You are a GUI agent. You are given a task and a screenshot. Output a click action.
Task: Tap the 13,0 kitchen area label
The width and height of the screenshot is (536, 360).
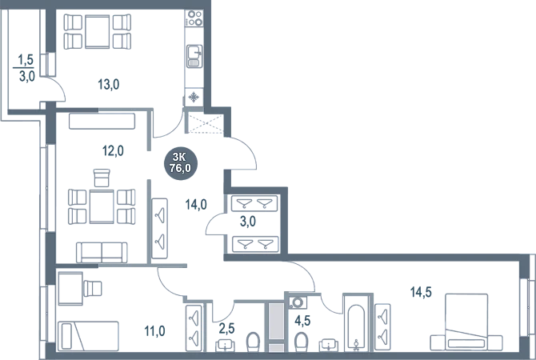click(108, 82)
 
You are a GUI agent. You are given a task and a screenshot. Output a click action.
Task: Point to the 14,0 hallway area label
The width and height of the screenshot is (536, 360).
click(197, 205)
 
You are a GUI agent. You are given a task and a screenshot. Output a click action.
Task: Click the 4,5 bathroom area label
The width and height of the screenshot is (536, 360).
click(303, 322)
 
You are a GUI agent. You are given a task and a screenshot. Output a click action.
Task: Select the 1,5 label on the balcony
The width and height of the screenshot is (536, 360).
click(26, 58)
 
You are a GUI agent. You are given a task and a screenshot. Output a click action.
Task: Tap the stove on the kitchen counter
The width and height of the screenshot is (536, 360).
click(194, 54)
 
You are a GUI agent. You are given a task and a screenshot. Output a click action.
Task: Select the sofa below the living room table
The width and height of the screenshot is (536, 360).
click(102, 251)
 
